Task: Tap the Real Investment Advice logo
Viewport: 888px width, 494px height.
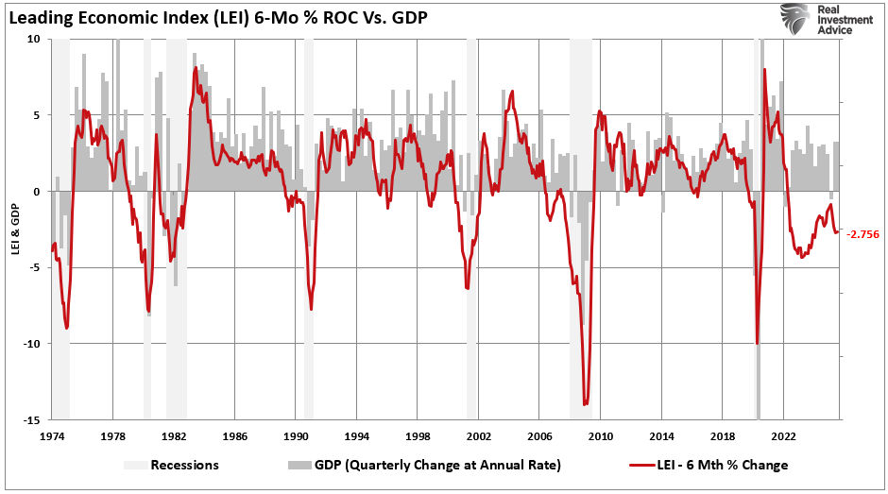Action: pos(817,18)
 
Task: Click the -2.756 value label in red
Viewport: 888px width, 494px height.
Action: pos(863,234)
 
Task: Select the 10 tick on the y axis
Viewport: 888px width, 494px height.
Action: pos(35,40)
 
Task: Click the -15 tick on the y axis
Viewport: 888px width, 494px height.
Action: pos(32,419)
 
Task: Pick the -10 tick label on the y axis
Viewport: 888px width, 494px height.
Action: pos(32,344)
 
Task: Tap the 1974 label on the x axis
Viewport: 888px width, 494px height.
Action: pos(51,436)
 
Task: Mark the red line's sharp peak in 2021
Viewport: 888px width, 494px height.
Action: pos(763,70)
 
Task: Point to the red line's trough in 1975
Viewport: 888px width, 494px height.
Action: pos(66,328)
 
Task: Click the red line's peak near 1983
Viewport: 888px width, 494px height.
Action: pos(195,68)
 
